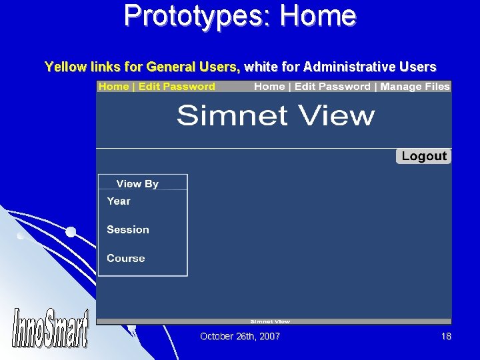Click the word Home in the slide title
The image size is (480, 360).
319,16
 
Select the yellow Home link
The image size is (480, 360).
113,87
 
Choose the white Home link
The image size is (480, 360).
269,87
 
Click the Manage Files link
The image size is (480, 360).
415,87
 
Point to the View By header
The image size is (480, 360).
137,184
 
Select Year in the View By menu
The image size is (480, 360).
119,201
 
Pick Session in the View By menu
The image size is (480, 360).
128,230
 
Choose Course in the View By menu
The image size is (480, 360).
125,259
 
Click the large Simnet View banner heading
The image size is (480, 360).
275,116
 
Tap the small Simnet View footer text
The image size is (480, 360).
270,321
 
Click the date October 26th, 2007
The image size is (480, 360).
240,337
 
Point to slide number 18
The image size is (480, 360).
446,337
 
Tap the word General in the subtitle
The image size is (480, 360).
170,67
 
